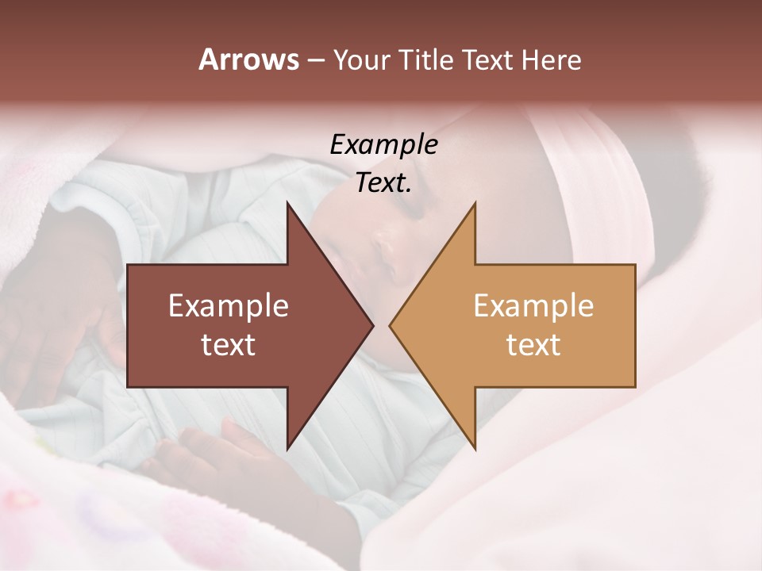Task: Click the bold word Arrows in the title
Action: point(248,59)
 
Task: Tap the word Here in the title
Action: point(551,59)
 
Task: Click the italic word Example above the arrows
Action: point(383,144)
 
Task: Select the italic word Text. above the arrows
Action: point(383,183)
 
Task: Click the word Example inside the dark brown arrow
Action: point(228,305)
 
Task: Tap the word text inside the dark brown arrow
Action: point(228,344)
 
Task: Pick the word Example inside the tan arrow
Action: point(533,305)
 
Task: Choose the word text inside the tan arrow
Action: point(533,344)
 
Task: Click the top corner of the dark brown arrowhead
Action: point(287,203)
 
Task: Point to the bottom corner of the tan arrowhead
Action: point(475,449)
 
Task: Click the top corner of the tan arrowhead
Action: point(475,203)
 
